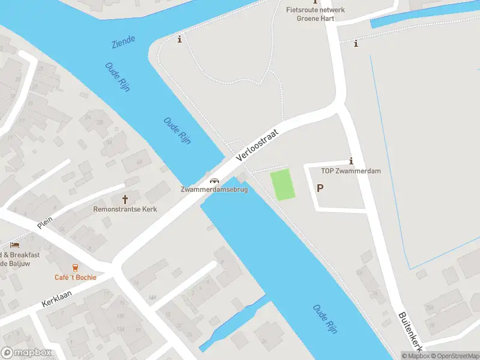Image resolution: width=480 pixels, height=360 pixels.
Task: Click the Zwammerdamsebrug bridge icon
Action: [x=213, y=181]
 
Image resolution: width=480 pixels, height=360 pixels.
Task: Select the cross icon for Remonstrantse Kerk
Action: [x=126, y=199]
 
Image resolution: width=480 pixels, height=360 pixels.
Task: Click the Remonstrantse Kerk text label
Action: [x=125, y=209]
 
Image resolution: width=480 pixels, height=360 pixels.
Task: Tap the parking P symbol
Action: [x=320, y=188]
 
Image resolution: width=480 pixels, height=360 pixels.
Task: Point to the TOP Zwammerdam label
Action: [x=350, y=171]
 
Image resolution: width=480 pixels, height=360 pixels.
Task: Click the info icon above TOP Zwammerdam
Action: [x=351, y=161]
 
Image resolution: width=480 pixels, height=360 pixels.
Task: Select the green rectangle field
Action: [x=283, y=185]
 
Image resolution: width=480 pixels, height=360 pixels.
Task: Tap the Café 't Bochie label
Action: [x=75, y=277]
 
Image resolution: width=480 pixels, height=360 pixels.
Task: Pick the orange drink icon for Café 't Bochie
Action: [x=75, y=268]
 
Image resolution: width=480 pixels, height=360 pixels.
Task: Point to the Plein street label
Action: [x=45, y=222]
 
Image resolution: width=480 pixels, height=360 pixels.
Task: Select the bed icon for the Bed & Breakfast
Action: [x=14, y=245]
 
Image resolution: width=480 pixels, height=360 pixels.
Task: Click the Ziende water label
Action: [x=123, y=42]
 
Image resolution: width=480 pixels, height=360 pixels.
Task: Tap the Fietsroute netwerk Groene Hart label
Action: [x=315, y=14]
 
